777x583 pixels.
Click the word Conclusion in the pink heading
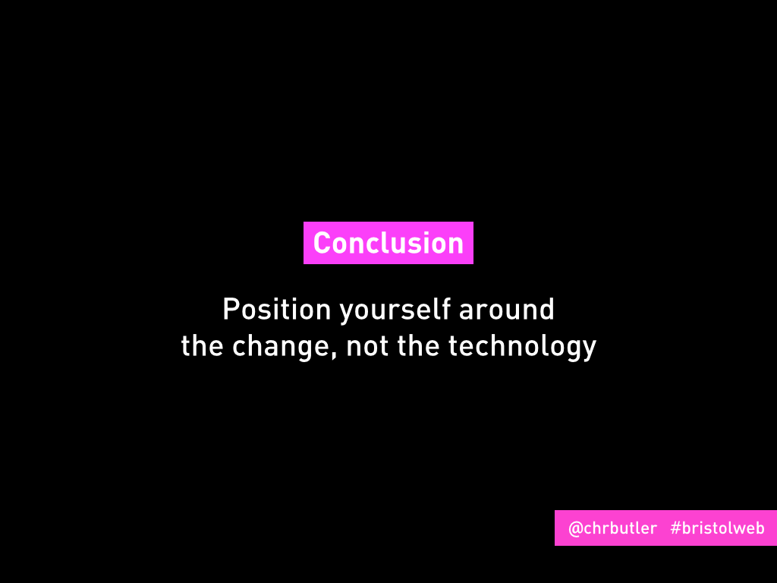[x=388, y=243]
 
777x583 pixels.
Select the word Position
[x=276, y=310]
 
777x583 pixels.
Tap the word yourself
[x=395, y=310]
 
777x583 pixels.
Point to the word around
[x=507, y=310]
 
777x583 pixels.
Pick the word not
[x=367, y=346]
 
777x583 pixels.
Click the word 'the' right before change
[x=202, y=345]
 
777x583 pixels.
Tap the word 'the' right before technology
[x=418, y=345]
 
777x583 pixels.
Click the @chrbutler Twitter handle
[x=612, y=528]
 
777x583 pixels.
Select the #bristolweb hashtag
[x=717, y=528]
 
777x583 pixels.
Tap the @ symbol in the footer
[x=576, y=529]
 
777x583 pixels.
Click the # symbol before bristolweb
[x=675, y=528]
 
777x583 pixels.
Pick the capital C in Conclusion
[x=322, y=244]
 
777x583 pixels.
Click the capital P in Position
[x=231, y=310]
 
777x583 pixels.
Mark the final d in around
[x=546, y=310]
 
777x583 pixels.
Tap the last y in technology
[x=589, y=350]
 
